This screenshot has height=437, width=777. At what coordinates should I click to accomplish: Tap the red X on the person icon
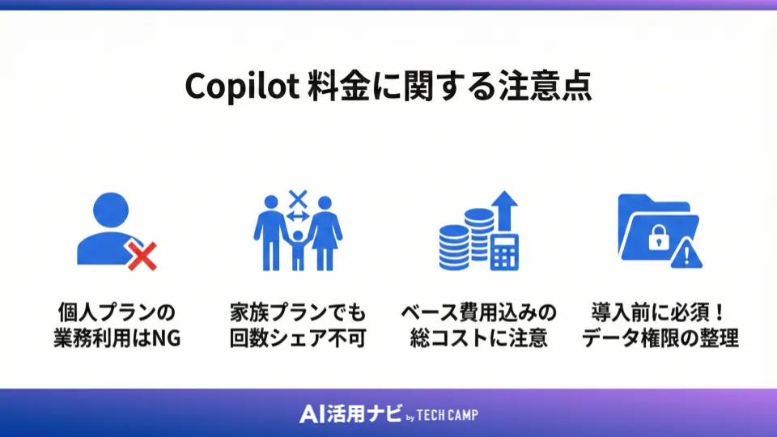tap(142, 257)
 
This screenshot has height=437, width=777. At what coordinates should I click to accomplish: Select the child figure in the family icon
tap(298, 247)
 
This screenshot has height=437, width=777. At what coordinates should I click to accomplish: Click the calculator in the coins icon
tap(504, 253)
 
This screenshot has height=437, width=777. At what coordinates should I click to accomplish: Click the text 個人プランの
tap(117, 312)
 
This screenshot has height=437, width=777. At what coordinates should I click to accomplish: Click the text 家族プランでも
tap(298, 312)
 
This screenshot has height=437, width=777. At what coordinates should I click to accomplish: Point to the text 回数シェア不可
tap(298, 337)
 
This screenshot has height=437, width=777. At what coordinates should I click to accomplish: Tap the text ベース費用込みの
tap(479, 312)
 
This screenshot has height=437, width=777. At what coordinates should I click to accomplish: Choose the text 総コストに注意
tap(479, 337)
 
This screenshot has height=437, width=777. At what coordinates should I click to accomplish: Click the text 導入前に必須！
tap(660, 312)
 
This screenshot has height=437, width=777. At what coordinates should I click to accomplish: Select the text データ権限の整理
tap(660, 337)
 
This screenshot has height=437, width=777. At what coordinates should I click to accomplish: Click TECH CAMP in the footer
tap(448, 415)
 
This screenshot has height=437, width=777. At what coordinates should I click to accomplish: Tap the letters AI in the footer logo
tap(311, 414)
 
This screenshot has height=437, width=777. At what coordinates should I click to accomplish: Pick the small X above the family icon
tap(298, 197)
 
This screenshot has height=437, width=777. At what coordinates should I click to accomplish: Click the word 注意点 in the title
tap(543, 87)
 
